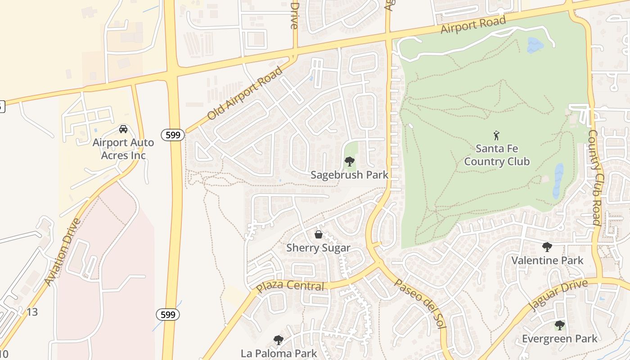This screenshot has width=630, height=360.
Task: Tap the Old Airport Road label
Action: [x=245, y=94]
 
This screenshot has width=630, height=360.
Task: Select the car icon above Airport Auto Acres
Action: [x=123, y=129]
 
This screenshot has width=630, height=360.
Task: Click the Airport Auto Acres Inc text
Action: [x=123, y=149]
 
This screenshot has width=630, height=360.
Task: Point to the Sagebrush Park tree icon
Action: [x=349, y=162]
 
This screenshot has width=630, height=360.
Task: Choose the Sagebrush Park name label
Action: [x=349, y=175]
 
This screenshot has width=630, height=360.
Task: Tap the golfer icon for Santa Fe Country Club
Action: [x=497, y=135]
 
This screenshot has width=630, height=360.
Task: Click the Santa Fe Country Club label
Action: [x=497, y=155]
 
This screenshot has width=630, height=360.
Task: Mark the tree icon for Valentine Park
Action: [x=547, y=247]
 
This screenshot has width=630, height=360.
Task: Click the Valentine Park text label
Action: [x=547, y=260]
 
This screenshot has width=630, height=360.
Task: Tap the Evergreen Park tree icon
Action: [x=559, y=325]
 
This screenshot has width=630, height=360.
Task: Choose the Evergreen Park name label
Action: [x=559, y=338]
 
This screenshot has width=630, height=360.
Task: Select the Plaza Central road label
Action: [x=290, y=286]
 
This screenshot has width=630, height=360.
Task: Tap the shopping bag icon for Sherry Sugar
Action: [x=319, y=234]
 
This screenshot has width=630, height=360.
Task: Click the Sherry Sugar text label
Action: [x=319, y=248]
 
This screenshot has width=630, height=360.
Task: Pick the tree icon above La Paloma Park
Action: [x=279, y=340]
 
